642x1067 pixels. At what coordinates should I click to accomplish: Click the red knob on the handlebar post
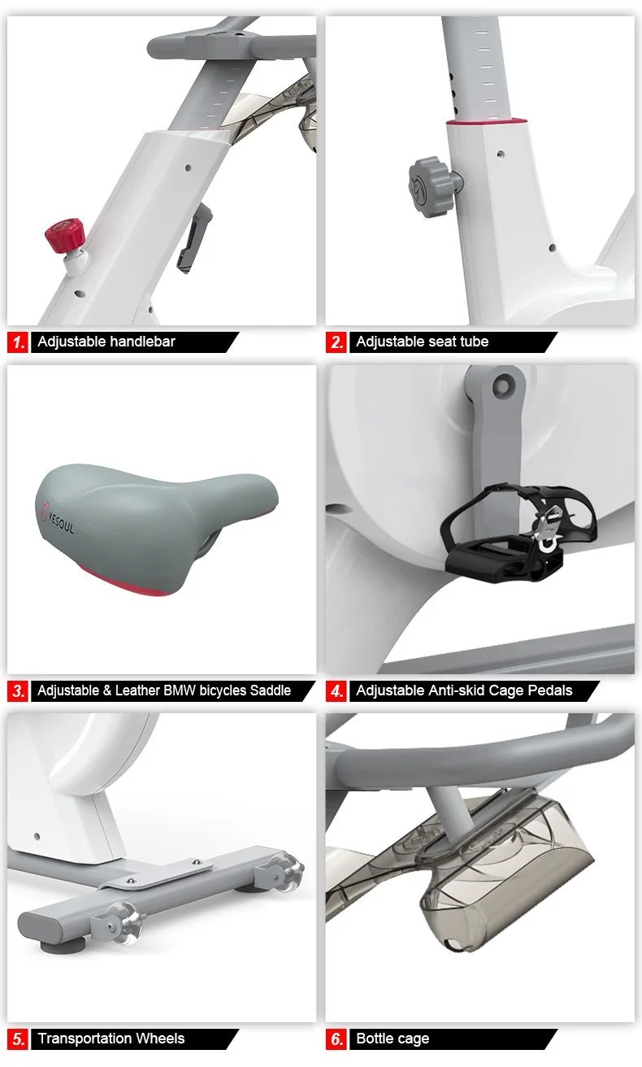click(65, 233)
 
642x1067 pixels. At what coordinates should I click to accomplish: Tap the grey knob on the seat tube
click(430, 186)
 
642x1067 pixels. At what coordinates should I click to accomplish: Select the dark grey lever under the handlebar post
click(194, 237)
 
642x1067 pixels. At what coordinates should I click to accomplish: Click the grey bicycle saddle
click(155, 528)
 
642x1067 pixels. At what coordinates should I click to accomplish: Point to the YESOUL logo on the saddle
click(57, 518)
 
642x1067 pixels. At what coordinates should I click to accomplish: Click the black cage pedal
click(518, 533)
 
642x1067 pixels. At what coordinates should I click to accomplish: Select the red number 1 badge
click(18, 342)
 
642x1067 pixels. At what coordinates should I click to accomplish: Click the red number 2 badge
click(336, 342)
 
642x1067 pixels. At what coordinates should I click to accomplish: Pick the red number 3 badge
click(18, 690)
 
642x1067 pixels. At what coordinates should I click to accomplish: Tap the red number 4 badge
click(336, 690)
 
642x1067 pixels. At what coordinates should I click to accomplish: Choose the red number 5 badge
click(18, 1039)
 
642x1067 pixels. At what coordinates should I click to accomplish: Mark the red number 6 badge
click(336, 1039)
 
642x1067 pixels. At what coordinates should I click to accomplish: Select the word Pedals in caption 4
click(553, 690)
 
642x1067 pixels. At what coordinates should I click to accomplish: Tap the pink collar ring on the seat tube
click(488, 120)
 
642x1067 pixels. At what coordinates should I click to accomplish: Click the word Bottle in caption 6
click(375, 1038)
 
